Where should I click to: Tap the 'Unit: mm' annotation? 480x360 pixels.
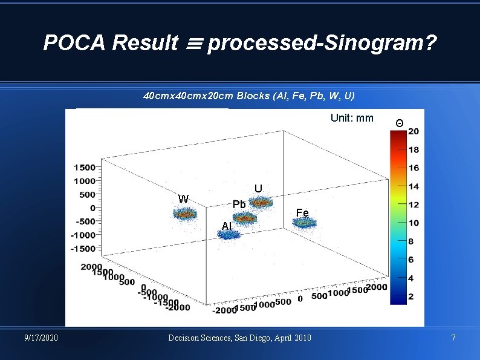352,118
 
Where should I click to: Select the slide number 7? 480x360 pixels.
453,337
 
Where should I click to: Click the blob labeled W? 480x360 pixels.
186,214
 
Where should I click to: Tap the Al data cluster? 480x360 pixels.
230,235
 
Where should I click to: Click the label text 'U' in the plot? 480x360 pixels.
258,189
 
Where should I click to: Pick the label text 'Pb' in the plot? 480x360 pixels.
239,205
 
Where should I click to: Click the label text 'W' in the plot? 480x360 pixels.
184,198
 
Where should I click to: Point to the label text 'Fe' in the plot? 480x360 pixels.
302,212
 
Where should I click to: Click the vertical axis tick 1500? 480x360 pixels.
85,167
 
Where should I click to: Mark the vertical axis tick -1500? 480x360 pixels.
83,249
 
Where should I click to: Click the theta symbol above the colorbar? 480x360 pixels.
399,123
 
